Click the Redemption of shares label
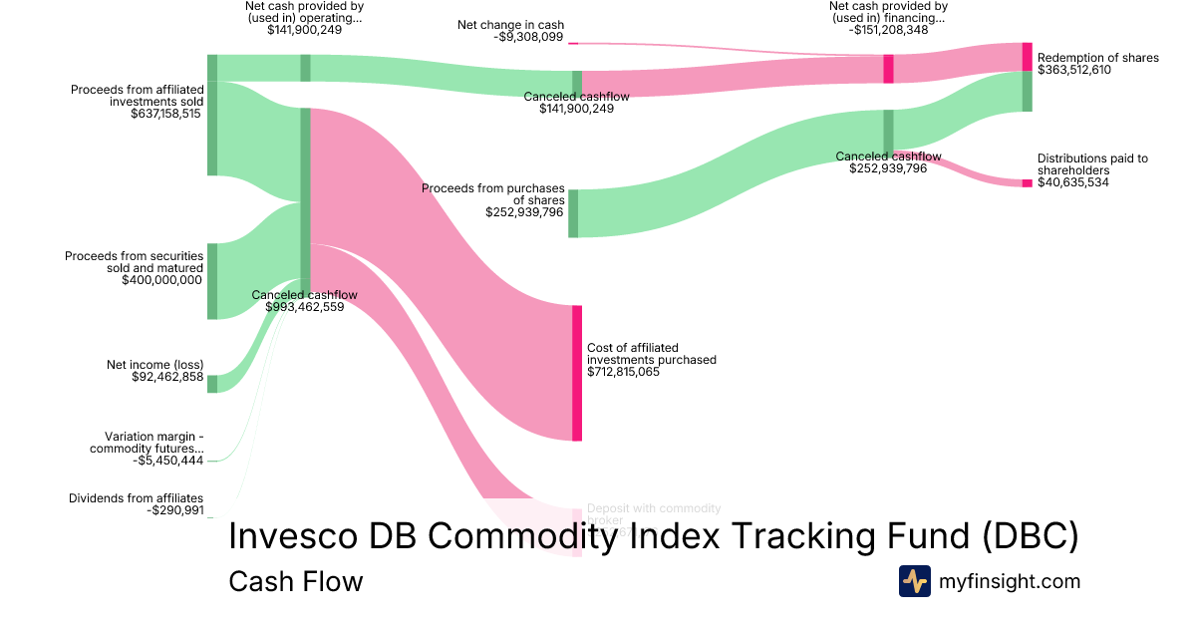click(x=1097, y=58)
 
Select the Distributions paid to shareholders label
click(x=1091, y=164)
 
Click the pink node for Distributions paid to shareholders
click(x=1027, y=183)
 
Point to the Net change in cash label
click(x=510, y=25)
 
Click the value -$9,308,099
click(x=527, y=38)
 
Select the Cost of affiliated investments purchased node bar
click(x=576, y=373)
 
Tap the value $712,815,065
click(x=623, y=373)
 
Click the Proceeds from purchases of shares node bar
click(x=573, y=213)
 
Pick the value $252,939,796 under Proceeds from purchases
click(x=524, y=212)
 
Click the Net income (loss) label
click(x=154, y=365)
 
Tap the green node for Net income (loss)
click(x=212, y=384)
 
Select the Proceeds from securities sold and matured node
click(x=212, y=281)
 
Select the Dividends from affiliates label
click(x=136, y=498)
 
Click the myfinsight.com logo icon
click(x=914, y=581)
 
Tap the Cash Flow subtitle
click(x=295, y=581)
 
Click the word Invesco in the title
click(x=290, y=535)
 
